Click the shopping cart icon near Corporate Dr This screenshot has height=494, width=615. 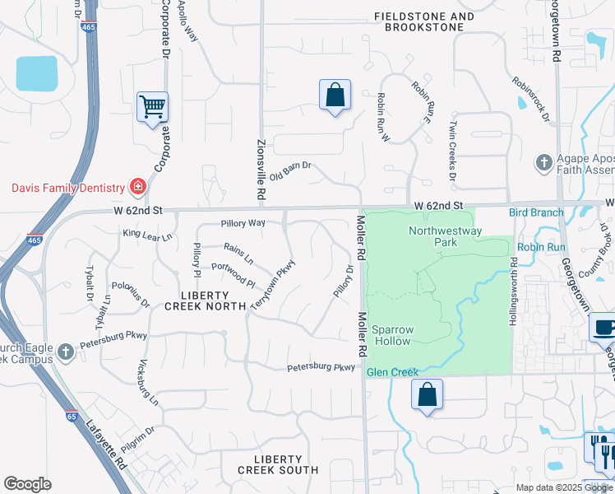pos(152,107)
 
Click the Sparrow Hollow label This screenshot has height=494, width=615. pos(392,335)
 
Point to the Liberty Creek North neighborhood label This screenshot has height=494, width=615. pos(206,301)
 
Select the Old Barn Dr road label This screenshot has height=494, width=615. pos(291,170)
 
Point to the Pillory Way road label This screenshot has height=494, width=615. pos(243,223)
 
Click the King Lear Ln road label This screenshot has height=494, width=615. pos(148,235)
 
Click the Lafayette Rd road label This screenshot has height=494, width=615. pos(106,445)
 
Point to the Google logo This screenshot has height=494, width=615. pos(27,484)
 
